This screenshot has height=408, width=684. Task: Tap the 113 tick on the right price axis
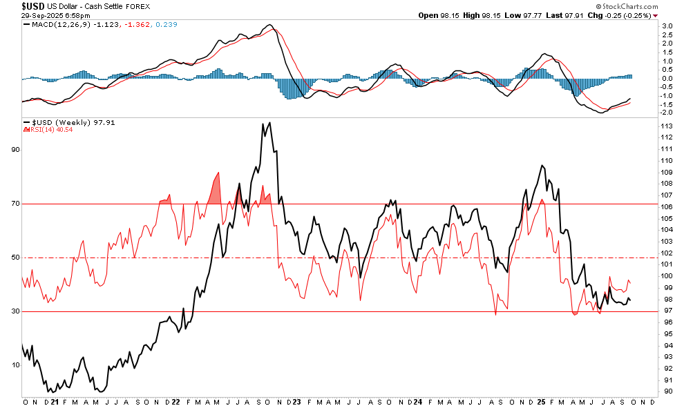point(667,126)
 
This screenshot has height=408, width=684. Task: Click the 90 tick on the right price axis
point(667,391)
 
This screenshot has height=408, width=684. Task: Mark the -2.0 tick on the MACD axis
point(666,112)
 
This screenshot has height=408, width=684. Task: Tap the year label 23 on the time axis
point(296,402)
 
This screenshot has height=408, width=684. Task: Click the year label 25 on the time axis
point(541,402)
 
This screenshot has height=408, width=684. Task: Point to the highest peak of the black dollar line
point(269,123)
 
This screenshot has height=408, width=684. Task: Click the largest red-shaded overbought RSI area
point(216,187)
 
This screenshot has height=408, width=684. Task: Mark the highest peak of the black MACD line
point(269,26)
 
